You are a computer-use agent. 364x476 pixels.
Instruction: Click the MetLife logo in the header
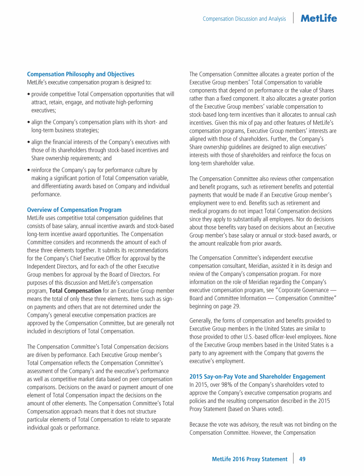pyautogui.click(x=319, y=18)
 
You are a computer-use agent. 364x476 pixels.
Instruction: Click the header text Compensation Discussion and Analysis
pyautogui.click(x=244, y=19)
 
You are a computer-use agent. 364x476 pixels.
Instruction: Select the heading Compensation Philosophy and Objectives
pyautogui.click(x=81, y=74)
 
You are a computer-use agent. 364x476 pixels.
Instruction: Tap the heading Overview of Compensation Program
pyautogui.click(x=74, y=210)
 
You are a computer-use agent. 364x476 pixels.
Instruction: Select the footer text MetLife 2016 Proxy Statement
pyautogui.click(x=249, y=459)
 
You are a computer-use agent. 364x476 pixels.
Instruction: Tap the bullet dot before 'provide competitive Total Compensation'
pyautogui.click(x=28, y=95)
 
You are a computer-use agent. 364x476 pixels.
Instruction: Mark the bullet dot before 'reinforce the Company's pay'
pyautogui.click(x=28, y=170)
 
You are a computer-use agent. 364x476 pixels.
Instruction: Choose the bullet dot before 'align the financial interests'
pyautogui.click(x=28, y=143)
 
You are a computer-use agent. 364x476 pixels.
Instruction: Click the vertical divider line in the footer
pyautogui.click(x=294, y=458)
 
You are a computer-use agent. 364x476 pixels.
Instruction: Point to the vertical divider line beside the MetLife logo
pyautogui.click(x=294, y=18)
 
